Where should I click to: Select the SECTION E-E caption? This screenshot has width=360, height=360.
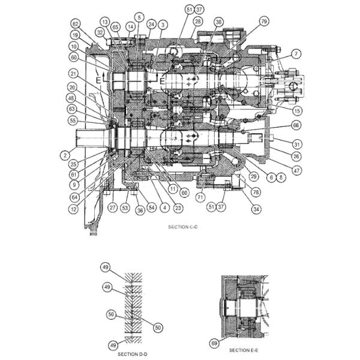click(243, 349)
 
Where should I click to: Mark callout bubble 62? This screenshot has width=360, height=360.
click(76, 24)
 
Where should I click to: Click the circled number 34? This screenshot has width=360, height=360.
click(256, 209)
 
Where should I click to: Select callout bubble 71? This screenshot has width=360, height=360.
click(201, 196)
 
